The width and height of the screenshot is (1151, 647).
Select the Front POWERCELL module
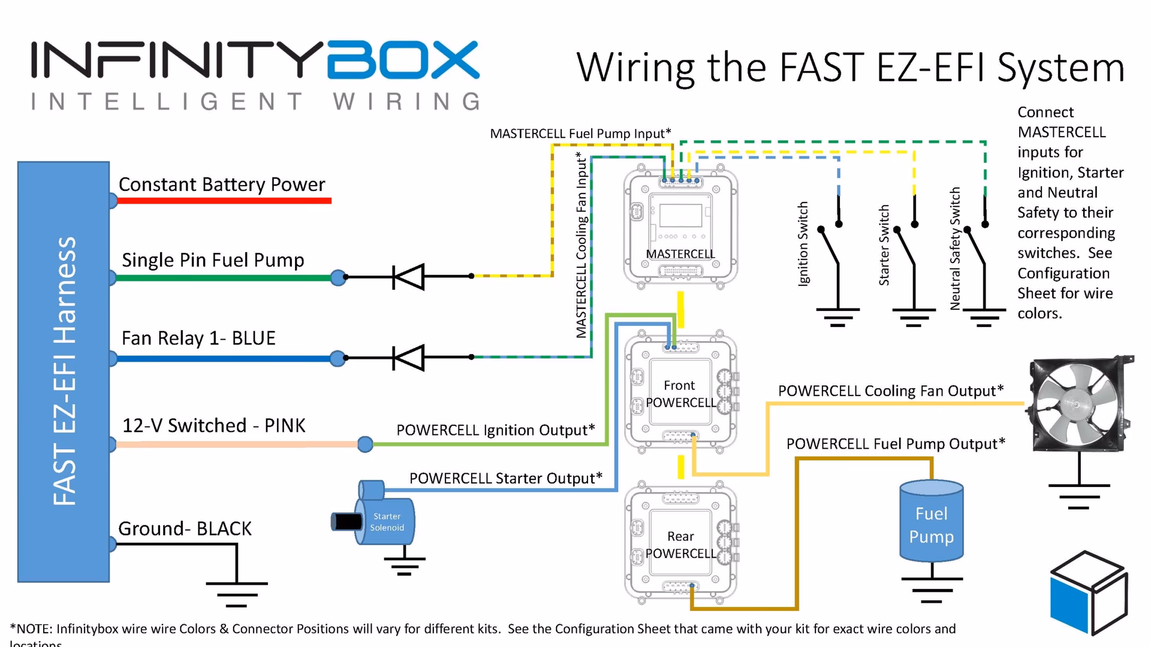click(680, 393)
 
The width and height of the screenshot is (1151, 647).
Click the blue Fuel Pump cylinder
click(931, 521)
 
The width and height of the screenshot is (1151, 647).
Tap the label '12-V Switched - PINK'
click(214, 425)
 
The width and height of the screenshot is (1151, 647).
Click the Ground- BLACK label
click(185, 528)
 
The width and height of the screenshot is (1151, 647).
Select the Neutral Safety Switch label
click(955, 248)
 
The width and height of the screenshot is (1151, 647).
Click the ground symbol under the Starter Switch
click(914, 317)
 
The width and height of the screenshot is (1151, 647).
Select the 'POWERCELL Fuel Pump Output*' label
click(895, 444)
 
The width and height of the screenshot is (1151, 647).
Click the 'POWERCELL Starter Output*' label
click(505, 478)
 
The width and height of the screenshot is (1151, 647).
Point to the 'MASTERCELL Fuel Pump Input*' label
click(580, 134)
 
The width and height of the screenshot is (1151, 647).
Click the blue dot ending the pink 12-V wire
click(365, 444)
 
